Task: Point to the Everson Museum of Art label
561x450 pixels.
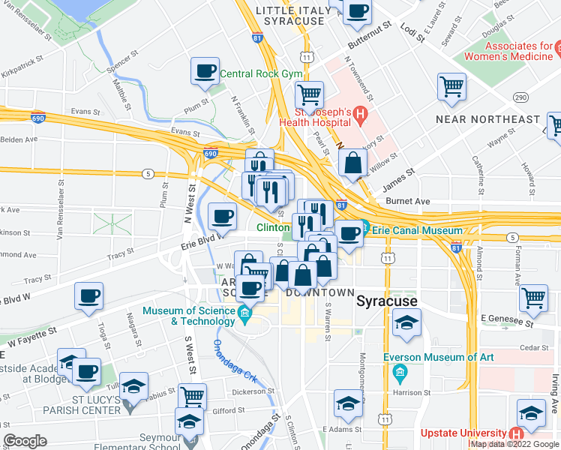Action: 439,357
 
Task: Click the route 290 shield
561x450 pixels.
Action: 520,97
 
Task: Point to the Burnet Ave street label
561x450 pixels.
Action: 407,201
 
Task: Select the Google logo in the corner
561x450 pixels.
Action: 25,440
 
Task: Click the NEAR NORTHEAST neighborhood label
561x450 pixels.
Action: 487,119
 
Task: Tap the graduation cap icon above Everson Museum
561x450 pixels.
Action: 406,323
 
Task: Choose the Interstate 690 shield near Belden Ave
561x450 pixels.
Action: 39,118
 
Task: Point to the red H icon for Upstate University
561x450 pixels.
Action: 515,434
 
